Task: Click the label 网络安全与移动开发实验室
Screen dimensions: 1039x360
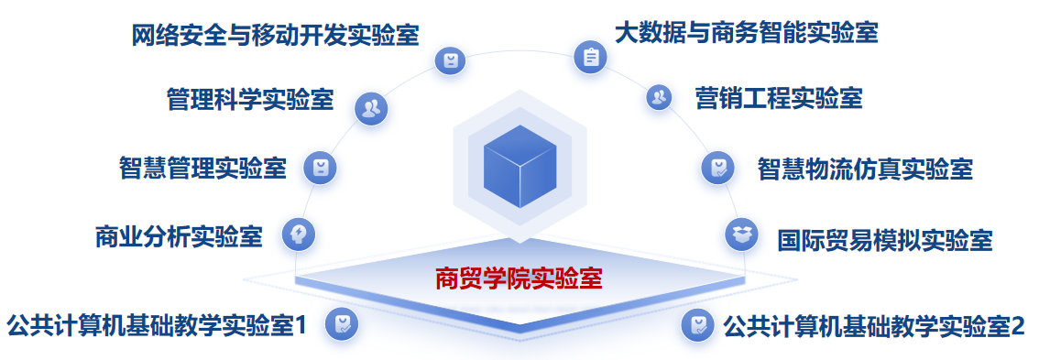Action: pyautogui.click(x=275, y=35)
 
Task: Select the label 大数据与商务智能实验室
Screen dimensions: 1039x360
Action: pyautogui.click(x=746, y=32)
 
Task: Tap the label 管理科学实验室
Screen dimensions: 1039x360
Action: pyautogui.click(x=250, y=100)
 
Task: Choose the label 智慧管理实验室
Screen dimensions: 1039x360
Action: pyautogui.click(x=202, y=168)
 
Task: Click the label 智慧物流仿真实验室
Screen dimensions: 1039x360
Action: pyautogui.click(x=866, y=169)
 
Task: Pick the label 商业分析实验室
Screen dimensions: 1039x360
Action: pyautogui.click(x=179, y=236)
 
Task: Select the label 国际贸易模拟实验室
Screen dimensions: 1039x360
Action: pyautogui.click(x=884, y=239)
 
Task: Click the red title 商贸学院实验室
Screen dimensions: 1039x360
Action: pyautogui.click(x=519, y=279)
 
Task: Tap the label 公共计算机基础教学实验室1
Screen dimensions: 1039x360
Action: pyautogui.click(x=157, y=326)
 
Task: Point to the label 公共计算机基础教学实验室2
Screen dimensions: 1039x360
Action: pyautogui.click(x=874, y=326)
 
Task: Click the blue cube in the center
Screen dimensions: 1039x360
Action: pyautogui.click(x=519, y=167)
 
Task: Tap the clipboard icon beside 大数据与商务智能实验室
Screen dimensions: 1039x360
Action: pyautogui.click(x=590, y=57)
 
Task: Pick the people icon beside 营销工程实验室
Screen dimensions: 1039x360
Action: pyautogui.click(x=659, y=98)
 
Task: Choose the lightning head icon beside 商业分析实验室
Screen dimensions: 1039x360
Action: pyautogui.click(x=299, y=234)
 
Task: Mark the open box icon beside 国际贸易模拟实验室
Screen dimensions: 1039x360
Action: pyautogui.click(x=741, y=234)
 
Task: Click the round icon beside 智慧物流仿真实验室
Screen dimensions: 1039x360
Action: pyautogui.click(x=718, y=168)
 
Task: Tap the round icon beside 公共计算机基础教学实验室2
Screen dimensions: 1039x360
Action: pyautogui.click(x=698, y=325)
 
